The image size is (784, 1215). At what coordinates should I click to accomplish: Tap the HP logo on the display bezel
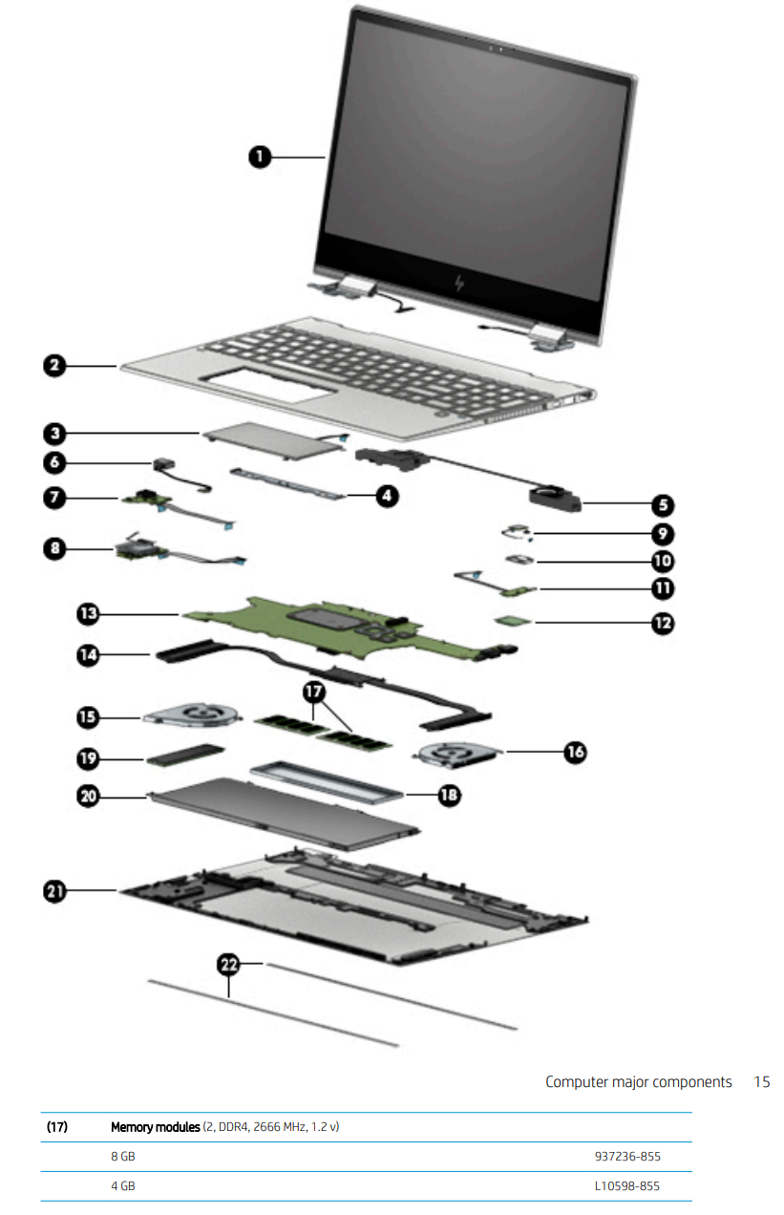459,285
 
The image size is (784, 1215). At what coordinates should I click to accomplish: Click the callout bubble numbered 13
89,613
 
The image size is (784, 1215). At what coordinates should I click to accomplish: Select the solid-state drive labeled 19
183,757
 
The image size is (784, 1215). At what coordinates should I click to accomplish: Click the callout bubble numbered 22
229,966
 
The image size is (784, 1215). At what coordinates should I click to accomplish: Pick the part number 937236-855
626,1157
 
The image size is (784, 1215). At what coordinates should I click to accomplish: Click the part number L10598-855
626,1186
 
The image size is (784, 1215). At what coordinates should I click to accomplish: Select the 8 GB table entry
123,1157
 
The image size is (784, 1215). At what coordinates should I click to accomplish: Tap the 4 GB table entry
123,1186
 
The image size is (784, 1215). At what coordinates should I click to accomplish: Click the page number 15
761,1082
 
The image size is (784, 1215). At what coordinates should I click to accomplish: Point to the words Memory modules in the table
155,1127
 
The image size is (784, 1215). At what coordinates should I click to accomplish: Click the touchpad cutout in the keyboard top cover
270,388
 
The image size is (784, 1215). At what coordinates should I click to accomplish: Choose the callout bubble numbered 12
662,623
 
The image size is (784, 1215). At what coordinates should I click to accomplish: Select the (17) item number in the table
57,1127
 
